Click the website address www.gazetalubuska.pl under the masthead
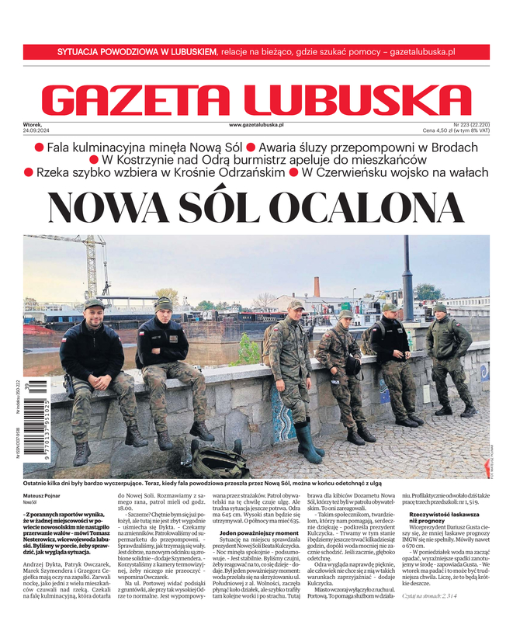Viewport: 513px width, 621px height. pos(256,124)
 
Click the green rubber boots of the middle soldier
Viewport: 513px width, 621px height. pos(308,442)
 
